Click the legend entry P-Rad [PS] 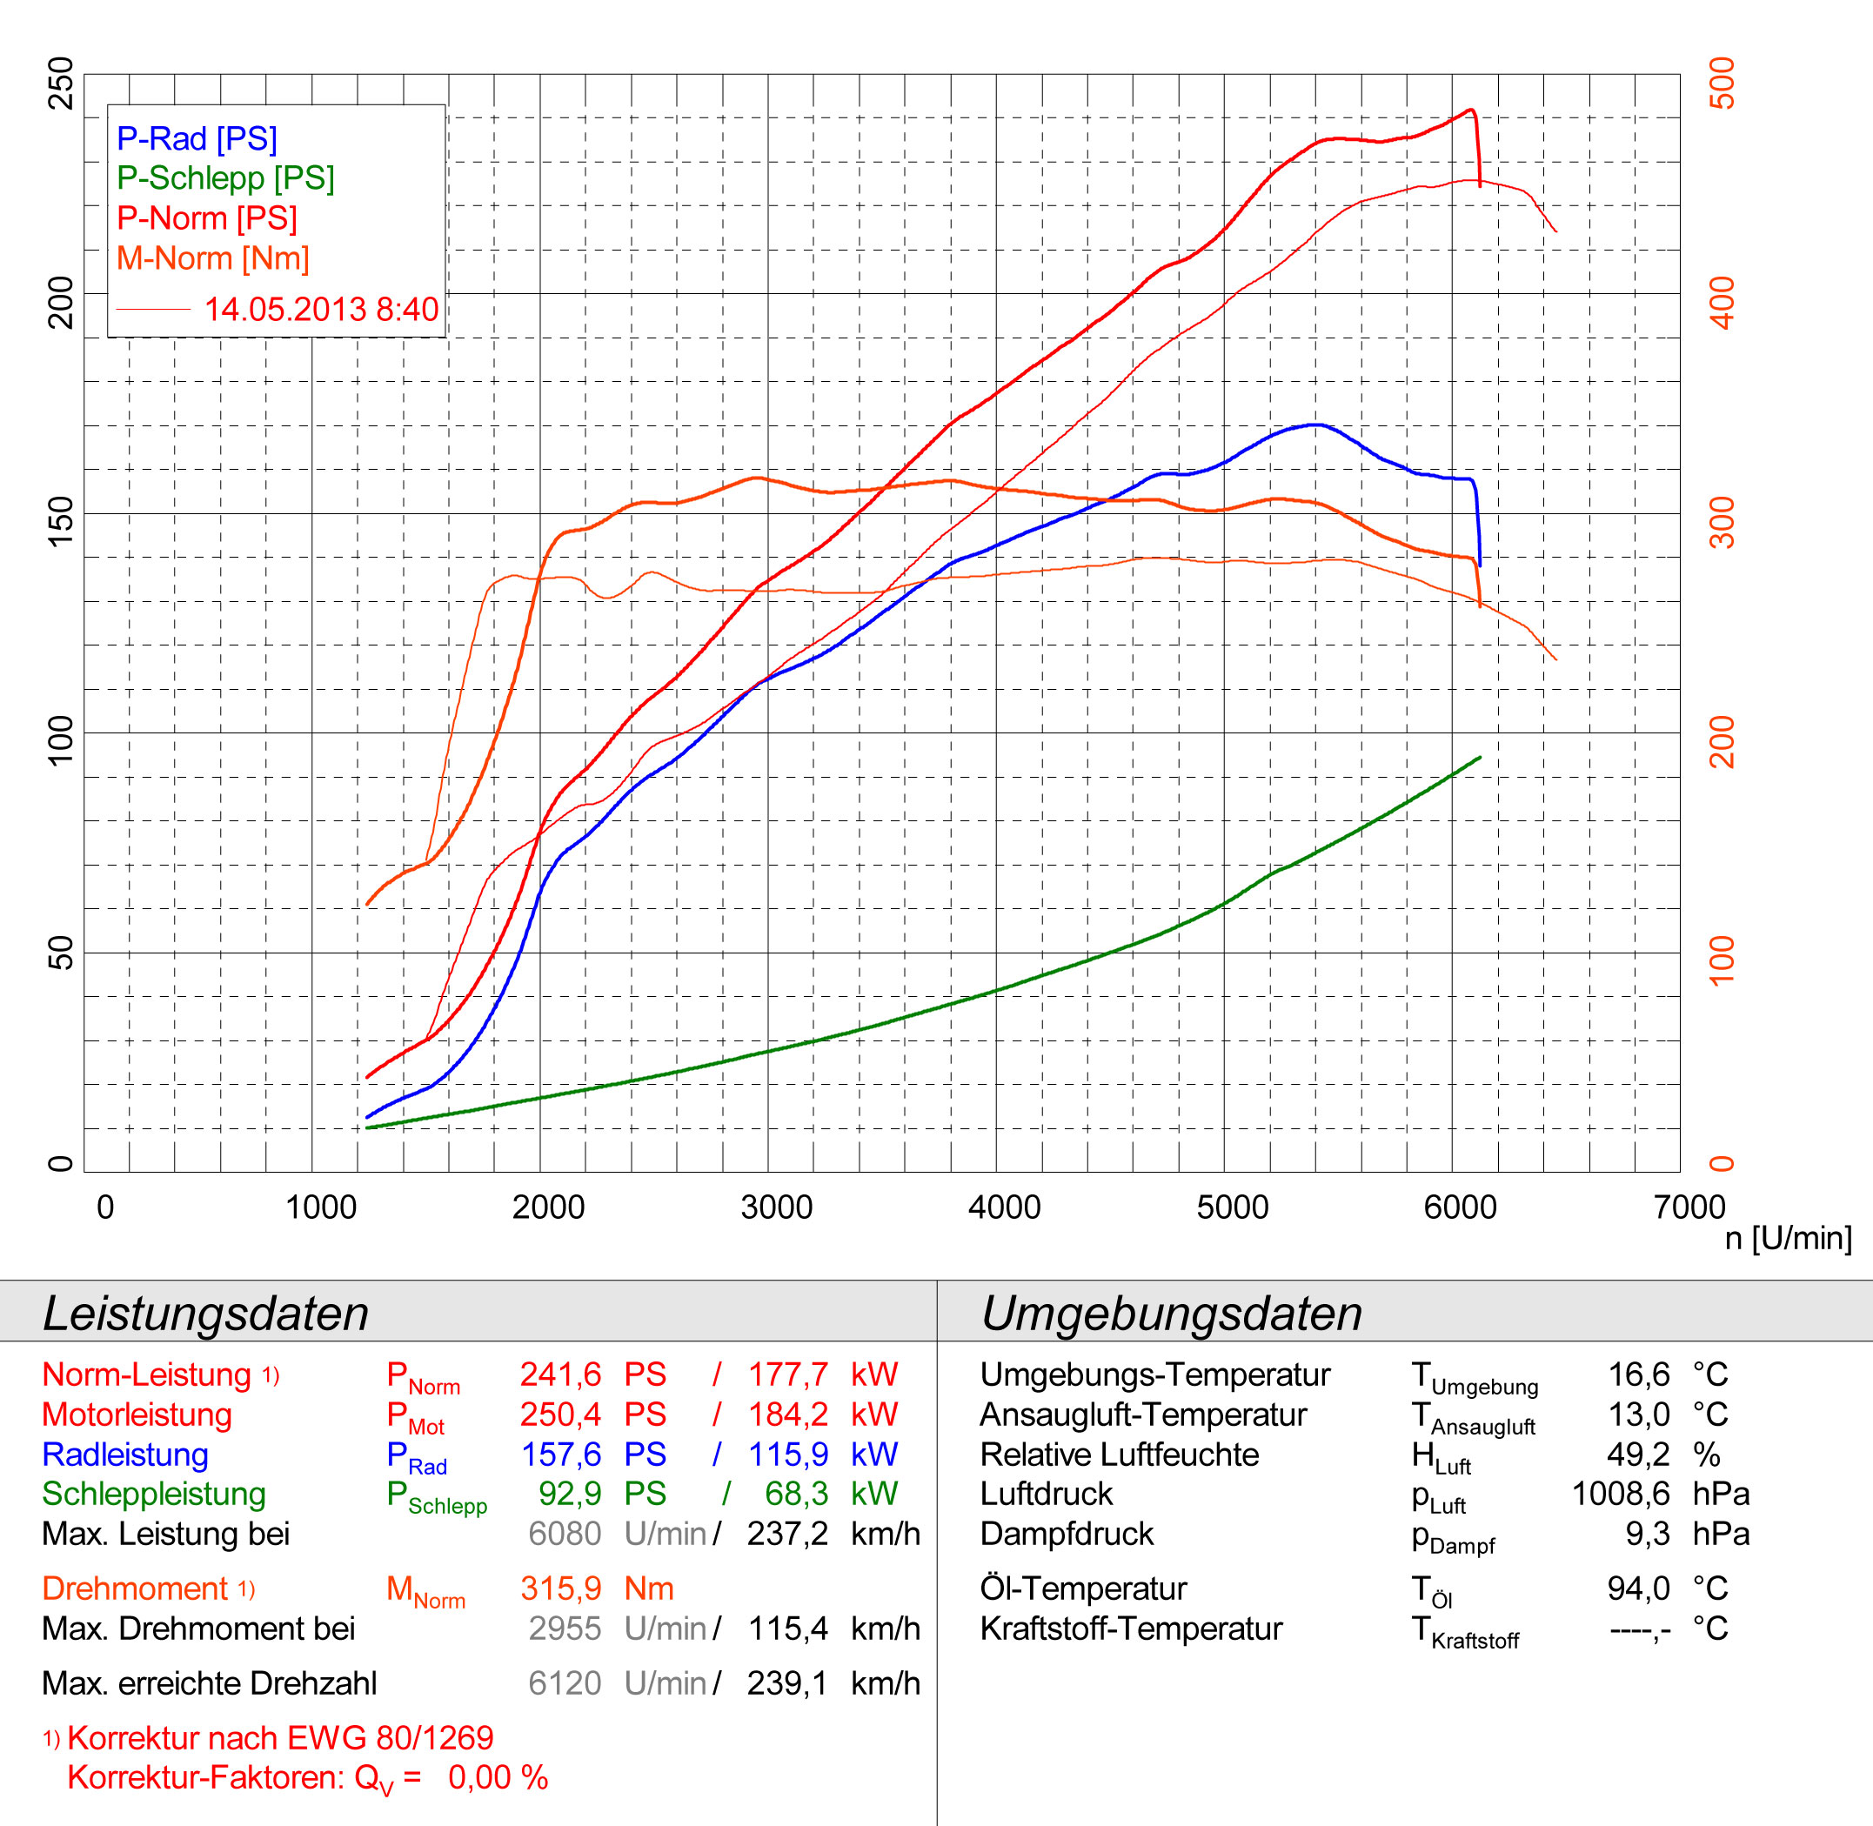[197, 139]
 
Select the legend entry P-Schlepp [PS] [225, 178]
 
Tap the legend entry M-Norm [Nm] [213, 259]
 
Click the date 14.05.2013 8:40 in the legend [320, 310]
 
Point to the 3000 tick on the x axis [776, 1207]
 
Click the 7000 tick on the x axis [1689, 1207]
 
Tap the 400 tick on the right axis [1722, 302]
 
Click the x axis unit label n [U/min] [1788, 1238]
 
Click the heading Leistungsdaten [205, 1313]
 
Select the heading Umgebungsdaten [1171, 1313]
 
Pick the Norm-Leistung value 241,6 [560, 1375]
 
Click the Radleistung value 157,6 [560, 1454]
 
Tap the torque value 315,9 [560, 1589]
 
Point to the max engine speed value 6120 [564, 1683]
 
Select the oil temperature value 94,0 [1638, 1589]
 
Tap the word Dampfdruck [1067, 1534]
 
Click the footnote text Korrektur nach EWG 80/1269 [280, 1738]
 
